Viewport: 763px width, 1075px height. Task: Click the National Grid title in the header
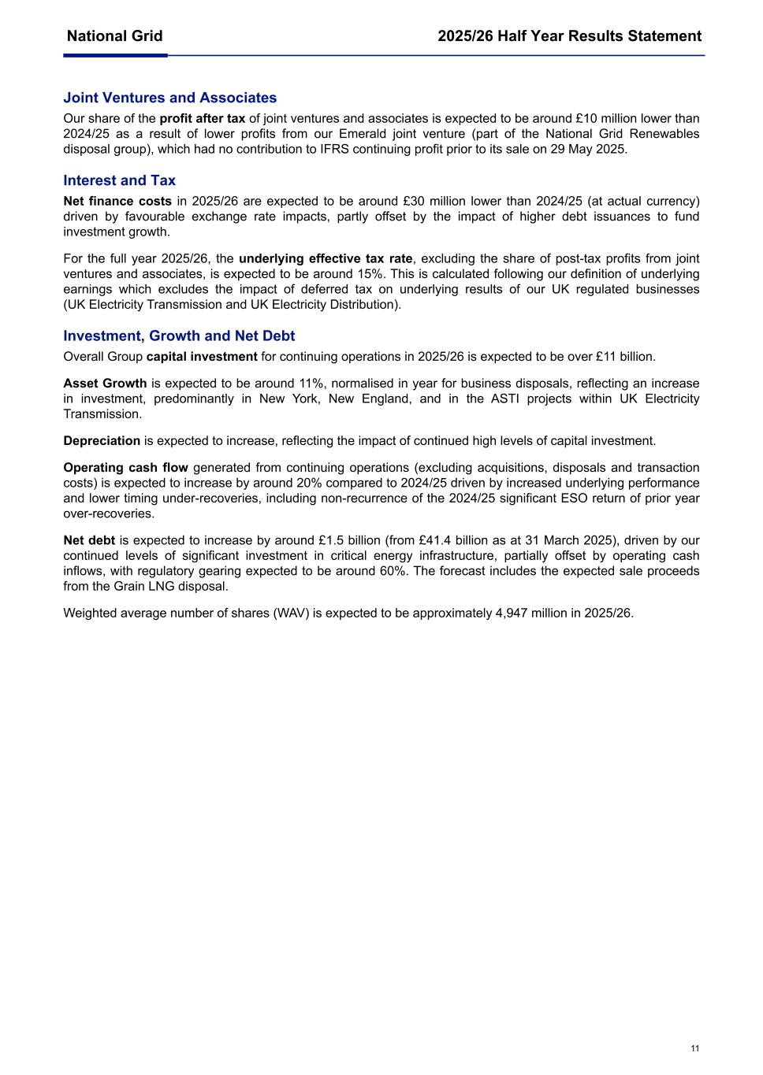tap(114, 36)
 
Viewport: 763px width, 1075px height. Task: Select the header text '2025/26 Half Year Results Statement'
tap(569, 36)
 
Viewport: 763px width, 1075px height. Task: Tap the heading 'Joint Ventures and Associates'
tap(169, 98)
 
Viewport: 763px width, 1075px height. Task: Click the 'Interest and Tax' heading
tap(119, 180)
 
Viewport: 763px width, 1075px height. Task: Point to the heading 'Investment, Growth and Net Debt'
tap(179, 335)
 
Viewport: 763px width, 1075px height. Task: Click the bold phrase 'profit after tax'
tap(203, 119)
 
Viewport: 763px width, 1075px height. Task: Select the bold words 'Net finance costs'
tap(117, 202)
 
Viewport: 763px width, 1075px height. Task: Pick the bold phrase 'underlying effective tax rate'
tap(326, 259)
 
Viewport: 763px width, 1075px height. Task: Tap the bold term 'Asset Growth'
tap(105, 384)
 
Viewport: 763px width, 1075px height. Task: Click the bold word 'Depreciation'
tap(102, 441)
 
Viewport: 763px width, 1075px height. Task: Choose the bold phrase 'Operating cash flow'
tap(125, 468)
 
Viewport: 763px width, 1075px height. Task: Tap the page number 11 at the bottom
tap(694, 1048)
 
